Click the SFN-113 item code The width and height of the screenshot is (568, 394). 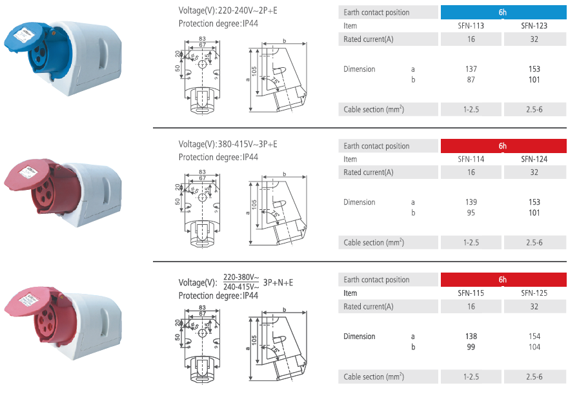471,26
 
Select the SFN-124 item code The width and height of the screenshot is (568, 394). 534,159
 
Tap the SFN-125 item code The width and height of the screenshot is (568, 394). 534,293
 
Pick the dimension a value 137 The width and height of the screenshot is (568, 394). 471,69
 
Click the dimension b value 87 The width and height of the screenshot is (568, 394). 471,79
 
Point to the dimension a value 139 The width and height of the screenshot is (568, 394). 471,202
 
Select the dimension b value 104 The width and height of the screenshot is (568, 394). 534,347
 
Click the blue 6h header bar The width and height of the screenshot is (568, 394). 503,12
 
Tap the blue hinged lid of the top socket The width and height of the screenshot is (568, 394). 23,38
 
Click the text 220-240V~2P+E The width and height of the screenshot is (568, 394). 247,10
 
